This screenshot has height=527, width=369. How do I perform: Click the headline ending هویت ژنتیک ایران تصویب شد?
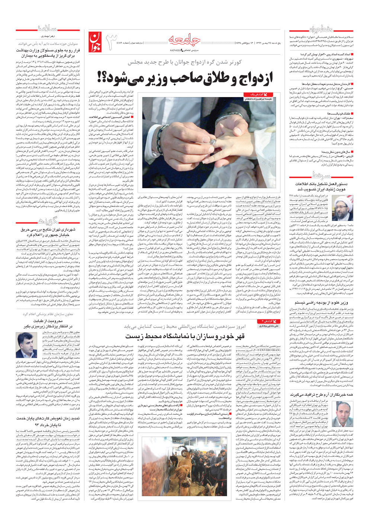tap(321, 189)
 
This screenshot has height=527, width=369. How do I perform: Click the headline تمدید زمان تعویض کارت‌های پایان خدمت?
tap(48, 421)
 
